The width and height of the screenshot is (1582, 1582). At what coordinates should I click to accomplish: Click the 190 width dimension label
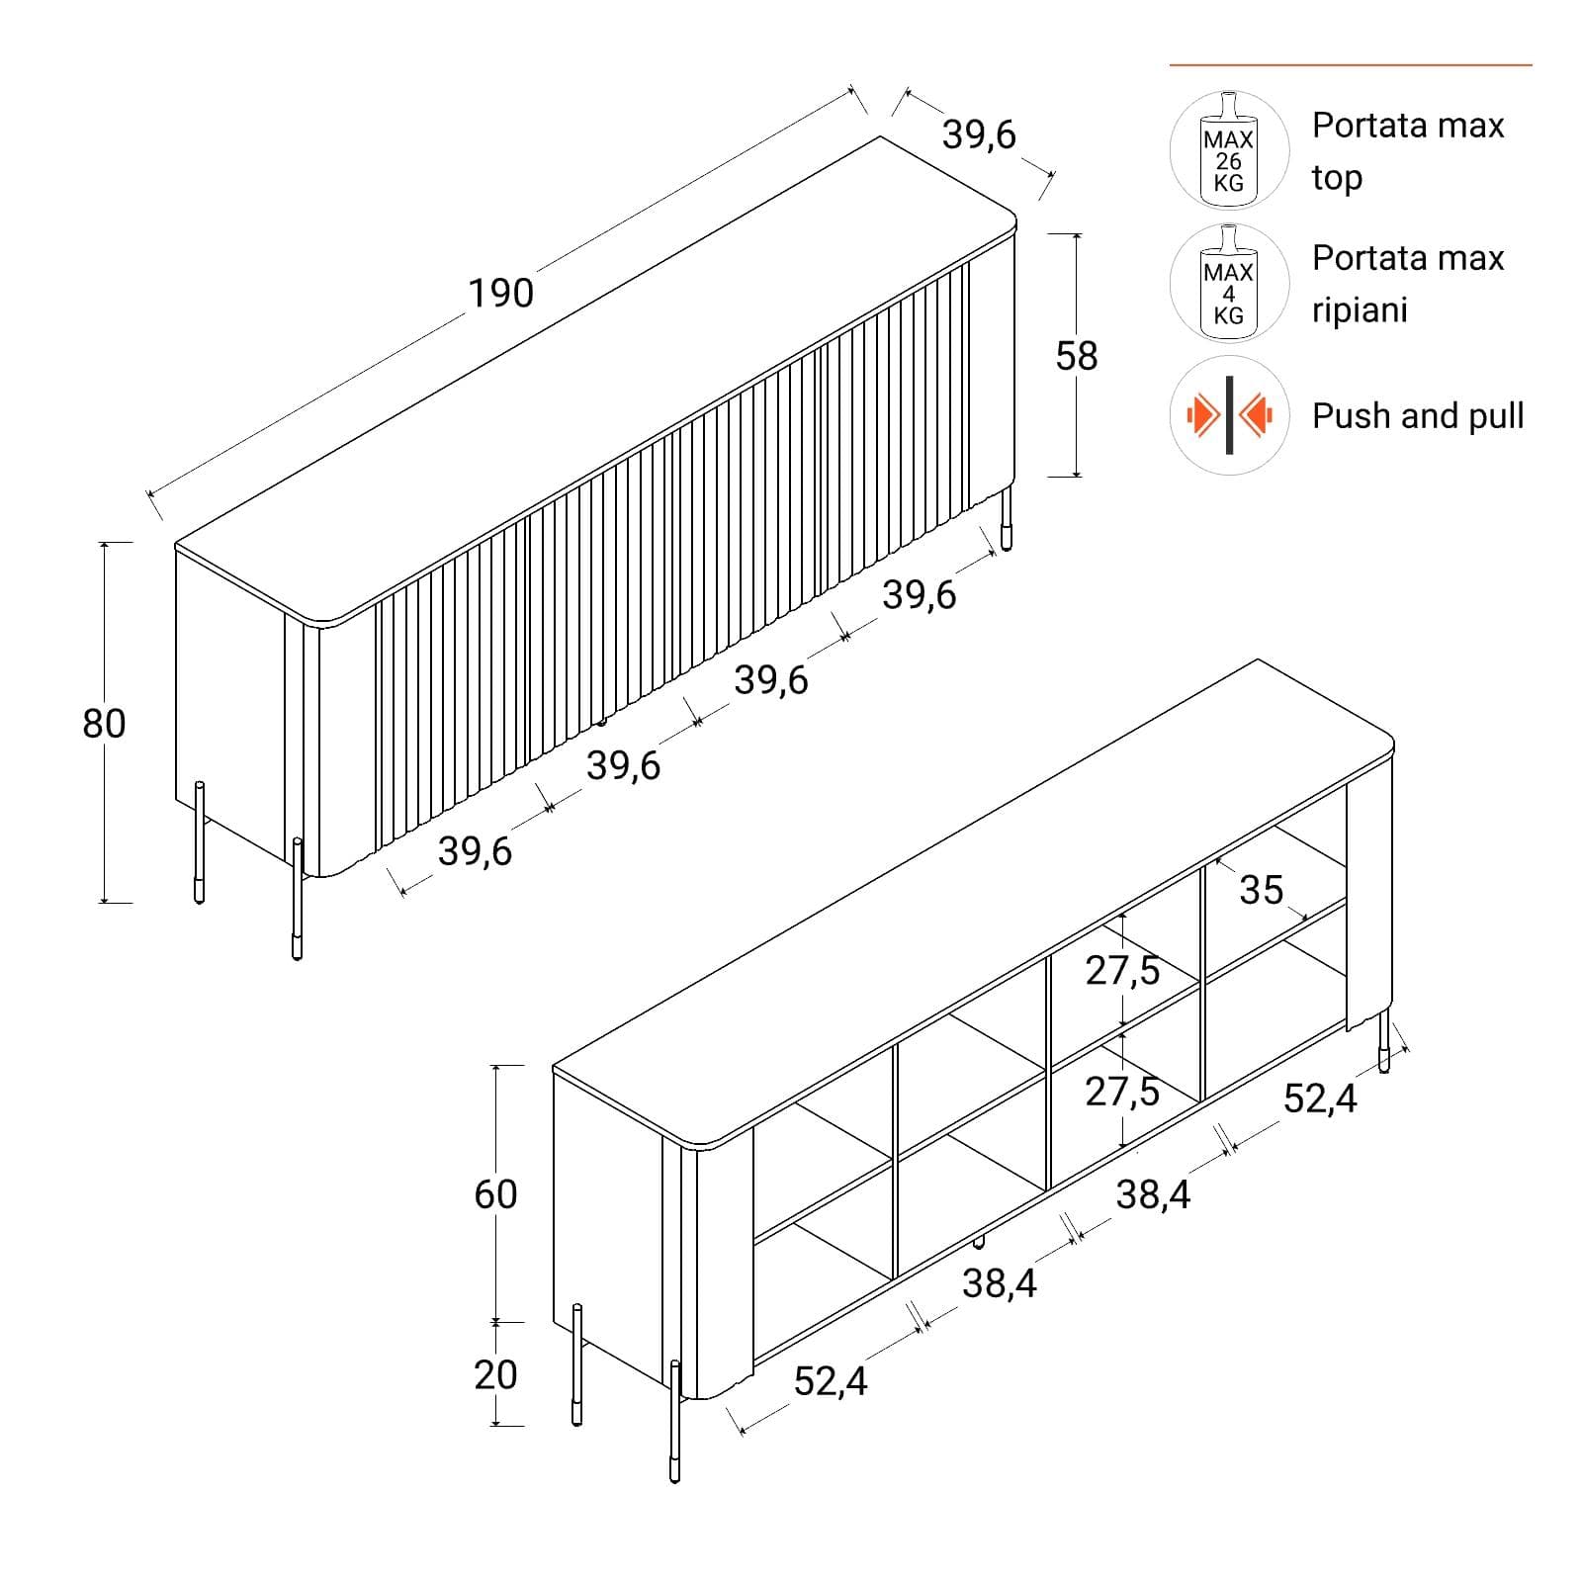[x=500, y=293]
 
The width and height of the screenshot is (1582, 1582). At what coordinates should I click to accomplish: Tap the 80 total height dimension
[x=104, y=724]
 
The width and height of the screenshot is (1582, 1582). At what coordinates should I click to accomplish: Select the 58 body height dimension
[x=1077, y=356]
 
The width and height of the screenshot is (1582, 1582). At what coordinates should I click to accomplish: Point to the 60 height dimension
[x=495, y=1194]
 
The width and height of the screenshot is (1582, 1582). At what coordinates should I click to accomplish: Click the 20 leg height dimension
[x=495, y=1374]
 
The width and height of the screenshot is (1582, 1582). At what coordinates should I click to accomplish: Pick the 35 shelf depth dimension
[x=1262, y=890]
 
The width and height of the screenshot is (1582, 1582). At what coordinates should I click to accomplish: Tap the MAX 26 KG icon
[x=1229, y=150]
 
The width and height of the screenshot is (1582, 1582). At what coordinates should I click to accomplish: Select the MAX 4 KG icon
[x=1229, y=283]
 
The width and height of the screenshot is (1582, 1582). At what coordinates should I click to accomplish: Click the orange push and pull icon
[x=1229, y=415]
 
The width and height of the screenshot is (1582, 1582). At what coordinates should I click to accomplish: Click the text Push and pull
[x=1418, y=416]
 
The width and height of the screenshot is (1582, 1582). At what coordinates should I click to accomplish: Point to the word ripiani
[x=1360, y=310]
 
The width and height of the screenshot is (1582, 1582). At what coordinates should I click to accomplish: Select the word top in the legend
[x=1337, y=179]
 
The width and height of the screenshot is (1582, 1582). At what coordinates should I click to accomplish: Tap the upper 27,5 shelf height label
[x=1122, y=971]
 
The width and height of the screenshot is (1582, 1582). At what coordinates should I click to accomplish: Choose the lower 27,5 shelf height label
[x=1122, y=1092]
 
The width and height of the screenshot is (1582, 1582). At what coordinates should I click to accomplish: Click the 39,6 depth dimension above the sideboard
[x=979, y=134]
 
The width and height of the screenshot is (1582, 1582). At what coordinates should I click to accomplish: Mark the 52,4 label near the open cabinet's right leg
[x=1320, y=1098]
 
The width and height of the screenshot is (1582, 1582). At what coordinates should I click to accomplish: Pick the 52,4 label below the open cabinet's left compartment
[x=831, y=1381]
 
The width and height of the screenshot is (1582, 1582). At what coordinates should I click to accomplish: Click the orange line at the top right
[x=1351, y=65]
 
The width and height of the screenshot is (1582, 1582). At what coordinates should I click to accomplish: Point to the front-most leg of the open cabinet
[x=675, y=1422]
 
